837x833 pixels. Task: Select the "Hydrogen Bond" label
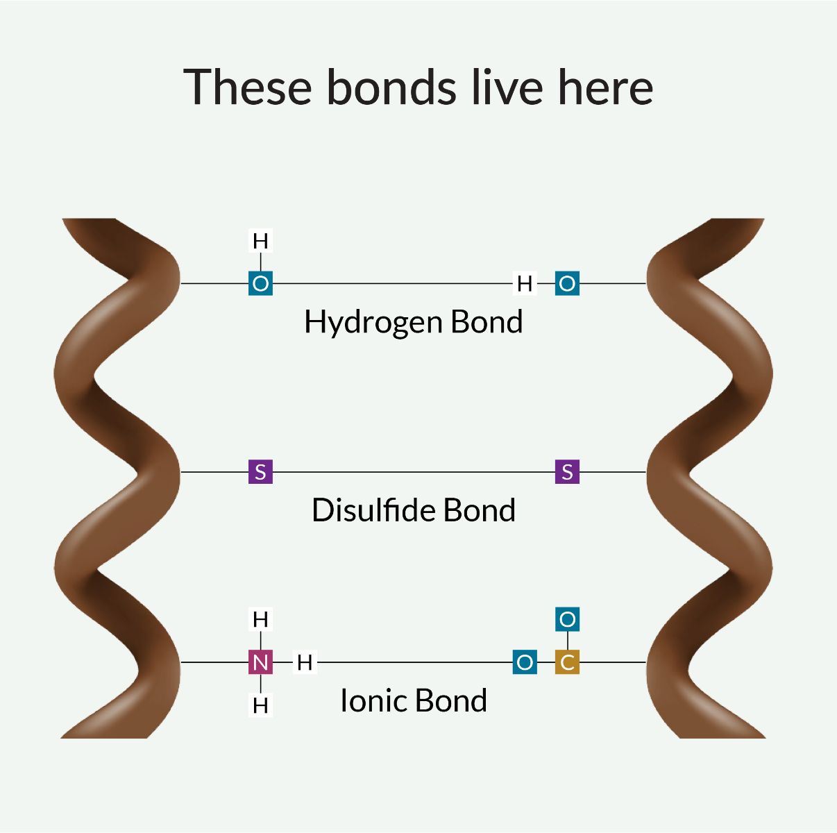pos(413,323)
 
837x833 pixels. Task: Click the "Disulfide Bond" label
pos(413,510)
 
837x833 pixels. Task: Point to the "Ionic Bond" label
pos(413,700)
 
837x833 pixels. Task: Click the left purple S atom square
pos(260,472)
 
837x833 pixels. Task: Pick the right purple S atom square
pos(567,472)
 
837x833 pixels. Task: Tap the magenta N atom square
pos(260,662)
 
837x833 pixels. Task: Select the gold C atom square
pos(567,662)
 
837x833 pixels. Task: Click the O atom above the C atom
pos(567,619)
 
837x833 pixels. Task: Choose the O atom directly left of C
pos(525,662)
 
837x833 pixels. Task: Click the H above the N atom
pos(260,619)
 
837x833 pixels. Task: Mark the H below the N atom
pos(260,706)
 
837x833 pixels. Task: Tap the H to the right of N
pos(305,662)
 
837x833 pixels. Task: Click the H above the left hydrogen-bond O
pos(260,241)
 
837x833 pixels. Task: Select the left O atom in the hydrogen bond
pos(260,283)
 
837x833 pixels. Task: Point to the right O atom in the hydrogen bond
pos(567,283)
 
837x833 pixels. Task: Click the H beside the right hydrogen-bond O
pos(525,283)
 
